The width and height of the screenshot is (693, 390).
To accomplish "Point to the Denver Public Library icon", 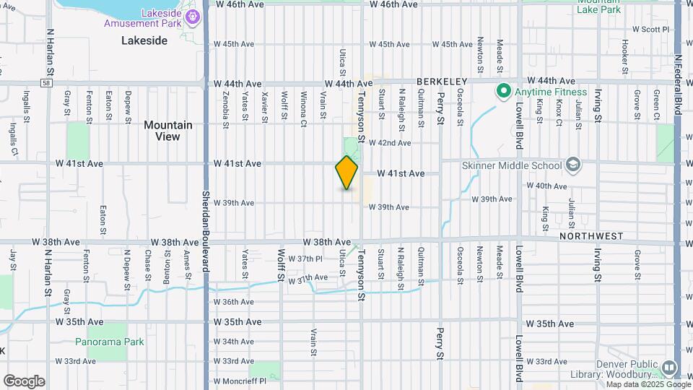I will [x=668, y=368].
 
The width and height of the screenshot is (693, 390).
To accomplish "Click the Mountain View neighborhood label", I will [x=167, y=130].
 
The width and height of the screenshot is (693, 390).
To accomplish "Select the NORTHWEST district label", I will [x=590, y=235].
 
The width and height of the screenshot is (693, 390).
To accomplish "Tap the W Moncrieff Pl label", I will [x=240, y=380].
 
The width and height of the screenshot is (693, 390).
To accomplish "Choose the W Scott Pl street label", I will [x=650, y=30].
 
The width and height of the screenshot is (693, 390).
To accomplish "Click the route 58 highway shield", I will [x=45, y=83].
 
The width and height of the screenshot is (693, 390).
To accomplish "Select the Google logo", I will [x=24, y=381].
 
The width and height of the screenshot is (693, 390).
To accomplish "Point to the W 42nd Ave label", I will [x=390, y=142].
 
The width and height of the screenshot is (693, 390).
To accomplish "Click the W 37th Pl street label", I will [x=305, y=259].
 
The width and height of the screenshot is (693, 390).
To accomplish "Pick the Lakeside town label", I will [x=144, y=40].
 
